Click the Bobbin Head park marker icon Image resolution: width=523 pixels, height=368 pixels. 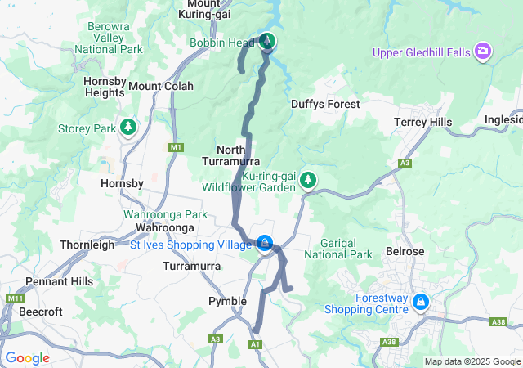(x=267, y=42)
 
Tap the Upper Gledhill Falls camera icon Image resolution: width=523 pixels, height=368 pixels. (x=483, y=52)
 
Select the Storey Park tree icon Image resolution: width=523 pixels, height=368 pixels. (x=127, y=127)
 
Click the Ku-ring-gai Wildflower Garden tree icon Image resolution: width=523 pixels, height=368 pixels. (x=308, y=179)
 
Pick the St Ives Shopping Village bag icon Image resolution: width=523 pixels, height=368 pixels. (x=265, y=244)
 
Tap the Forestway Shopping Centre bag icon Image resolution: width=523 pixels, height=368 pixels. (x=420, y=302)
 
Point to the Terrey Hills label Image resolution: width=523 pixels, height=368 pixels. (x=422, y=122)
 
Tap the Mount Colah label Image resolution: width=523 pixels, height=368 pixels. (x=161, y=86)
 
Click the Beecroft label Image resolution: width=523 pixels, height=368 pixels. (x=41, y=312)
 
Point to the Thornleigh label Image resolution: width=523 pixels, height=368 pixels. (x=87, y=245)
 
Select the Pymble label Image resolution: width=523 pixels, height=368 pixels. (x=227, y=301)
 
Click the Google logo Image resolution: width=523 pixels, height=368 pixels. (x=27, y=358)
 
